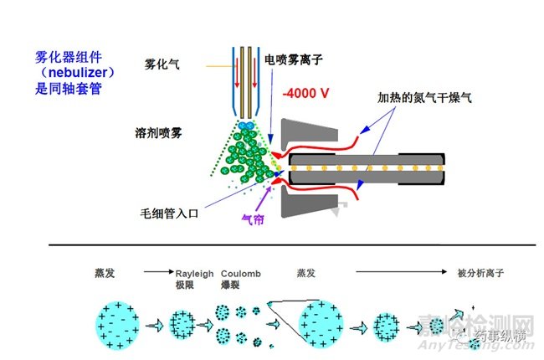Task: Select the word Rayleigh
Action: pyautogui.click(x=194, y=273)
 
